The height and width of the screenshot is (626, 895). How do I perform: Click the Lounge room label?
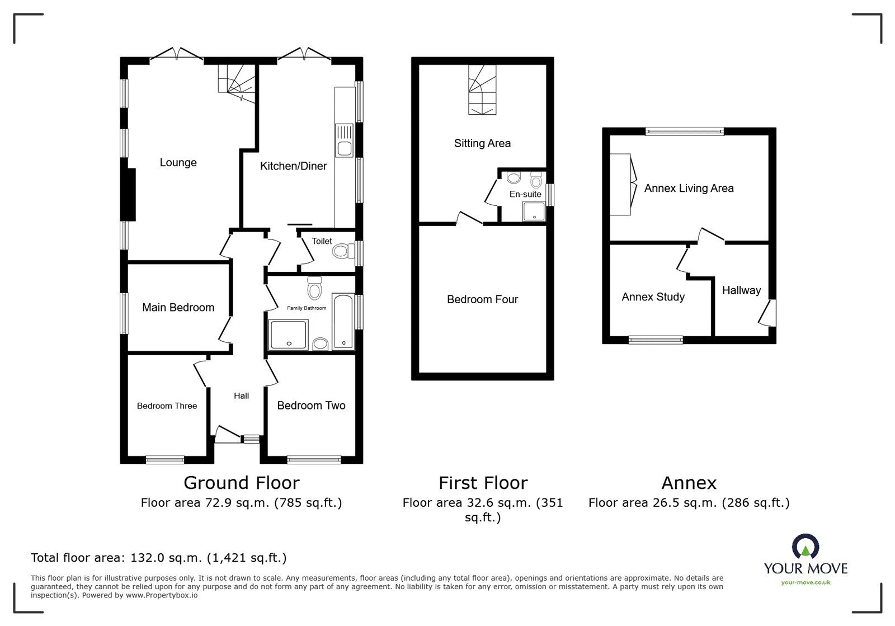click(178, 163)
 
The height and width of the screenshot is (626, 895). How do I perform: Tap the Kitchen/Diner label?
click(293, 166)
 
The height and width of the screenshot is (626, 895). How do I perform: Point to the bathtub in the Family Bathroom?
click(343, 322)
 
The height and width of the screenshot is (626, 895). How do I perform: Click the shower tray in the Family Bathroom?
click(288, 335)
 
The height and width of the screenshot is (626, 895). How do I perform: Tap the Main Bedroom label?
click(178, 308)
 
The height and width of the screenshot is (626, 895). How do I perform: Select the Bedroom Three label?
click(167, 406)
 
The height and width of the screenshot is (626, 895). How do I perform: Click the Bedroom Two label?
click(311, 406)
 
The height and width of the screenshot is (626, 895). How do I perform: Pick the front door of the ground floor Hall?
click(227, 434)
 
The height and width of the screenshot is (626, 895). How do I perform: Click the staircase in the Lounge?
click(237, 81)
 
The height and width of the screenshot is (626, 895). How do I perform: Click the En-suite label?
click(525, 194)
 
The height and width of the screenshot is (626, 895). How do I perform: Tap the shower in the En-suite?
click(534, 211)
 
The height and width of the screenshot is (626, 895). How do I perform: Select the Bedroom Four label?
click(482, 300)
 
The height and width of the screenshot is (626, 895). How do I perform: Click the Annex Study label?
click(653, 297)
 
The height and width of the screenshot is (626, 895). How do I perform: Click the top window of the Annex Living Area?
click(684, 131)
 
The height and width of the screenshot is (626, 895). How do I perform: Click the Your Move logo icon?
click(805, 548)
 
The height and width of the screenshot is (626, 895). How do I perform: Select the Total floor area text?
click(158, 558)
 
